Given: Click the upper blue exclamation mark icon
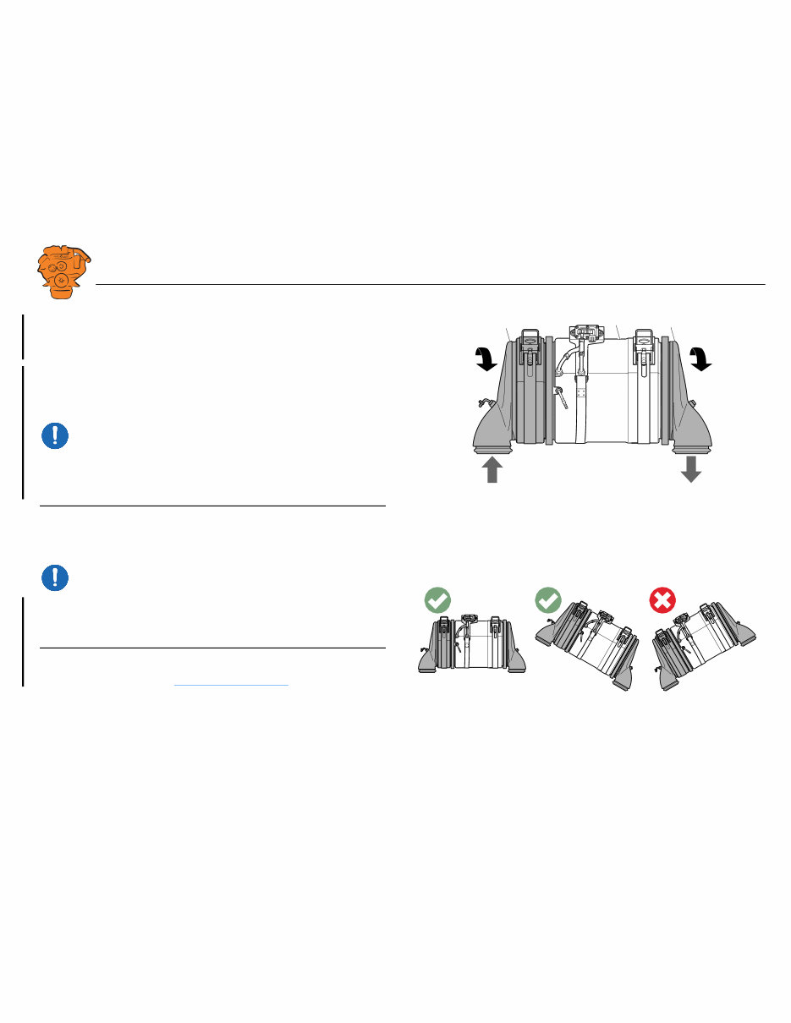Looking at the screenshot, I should (x=55, y=435).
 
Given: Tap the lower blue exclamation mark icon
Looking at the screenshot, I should (x=55, y=577).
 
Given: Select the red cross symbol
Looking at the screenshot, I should (x=662, y=601).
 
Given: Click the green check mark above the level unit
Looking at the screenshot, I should (x=437, y=601).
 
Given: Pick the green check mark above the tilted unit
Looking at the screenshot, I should (x=549, y=601).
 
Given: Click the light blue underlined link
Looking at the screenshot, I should (x=231, y=684).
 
